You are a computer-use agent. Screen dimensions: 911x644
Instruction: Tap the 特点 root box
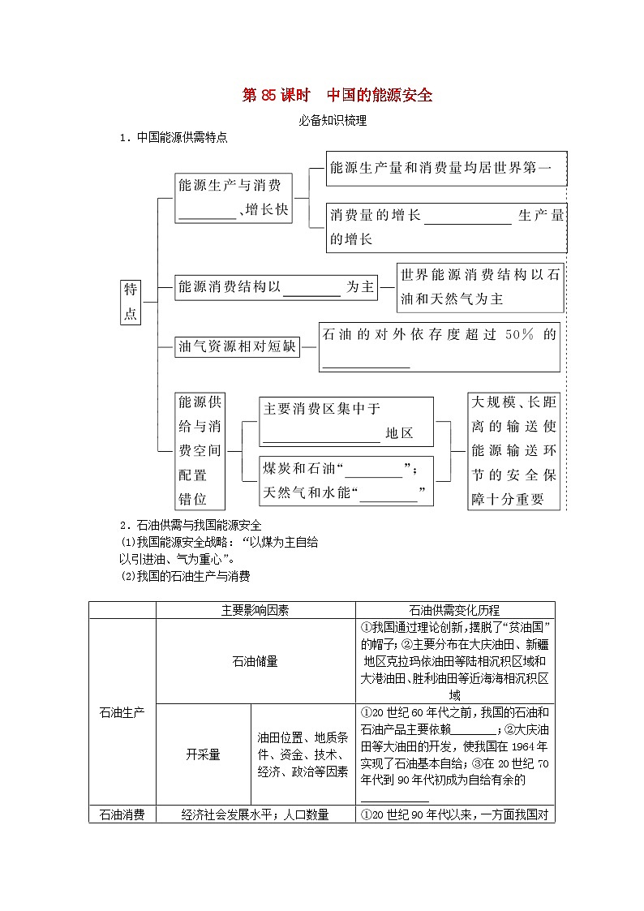[131, 302]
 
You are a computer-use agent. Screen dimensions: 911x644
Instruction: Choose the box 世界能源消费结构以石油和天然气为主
[479, 287]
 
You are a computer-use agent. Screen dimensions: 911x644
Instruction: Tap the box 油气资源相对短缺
[237, 347]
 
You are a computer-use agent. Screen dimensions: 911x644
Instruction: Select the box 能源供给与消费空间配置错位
[200, 450]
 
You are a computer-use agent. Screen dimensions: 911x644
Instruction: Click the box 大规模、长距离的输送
[514, 450]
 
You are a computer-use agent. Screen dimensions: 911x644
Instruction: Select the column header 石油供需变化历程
[454, 610]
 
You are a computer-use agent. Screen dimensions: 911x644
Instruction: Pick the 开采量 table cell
[203, 754]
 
